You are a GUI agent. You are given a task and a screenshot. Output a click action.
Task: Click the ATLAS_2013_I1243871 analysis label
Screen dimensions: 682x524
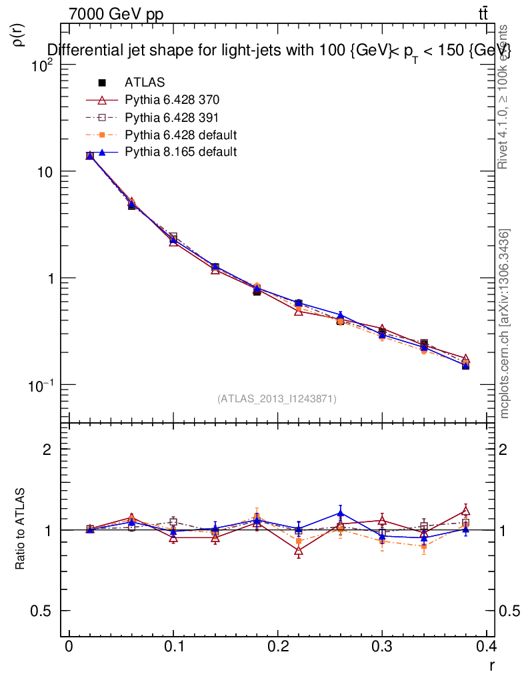(277, 399)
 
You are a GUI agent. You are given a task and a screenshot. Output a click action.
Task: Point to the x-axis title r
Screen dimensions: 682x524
(491, 665)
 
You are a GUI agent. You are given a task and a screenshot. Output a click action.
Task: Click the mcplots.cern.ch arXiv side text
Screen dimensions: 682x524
(505, 324)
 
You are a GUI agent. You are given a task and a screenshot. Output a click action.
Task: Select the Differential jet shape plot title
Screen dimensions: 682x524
(279, 50)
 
